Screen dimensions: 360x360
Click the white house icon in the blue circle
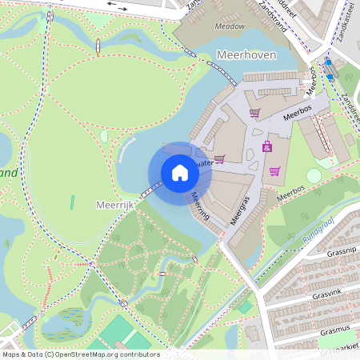click(180, 173)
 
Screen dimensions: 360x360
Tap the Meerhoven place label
click(246, 54)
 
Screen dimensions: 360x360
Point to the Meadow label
click(230, 26)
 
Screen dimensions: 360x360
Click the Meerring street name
click(199, 206)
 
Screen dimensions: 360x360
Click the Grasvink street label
click(326, 292)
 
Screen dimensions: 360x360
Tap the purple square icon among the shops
click(267, 146)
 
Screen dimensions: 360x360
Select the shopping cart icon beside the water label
click(219, 159)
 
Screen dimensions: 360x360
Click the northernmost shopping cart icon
click(254, 113)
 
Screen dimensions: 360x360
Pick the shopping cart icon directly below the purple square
click(274, 170)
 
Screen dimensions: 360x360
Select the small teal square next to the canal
click(245, 307)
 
